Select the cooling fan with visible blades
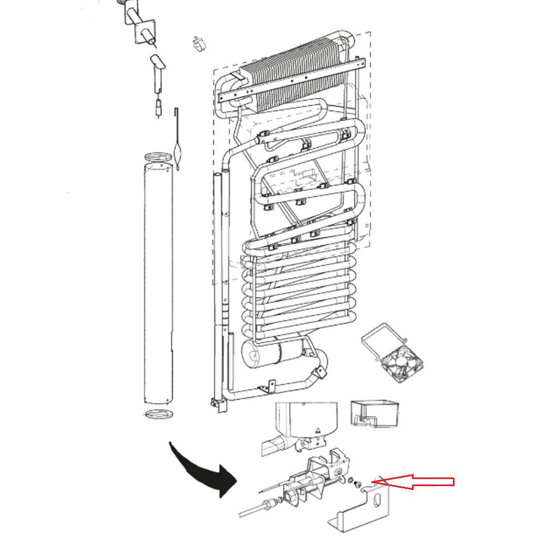pyautogui.click(x=398, y=362)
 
